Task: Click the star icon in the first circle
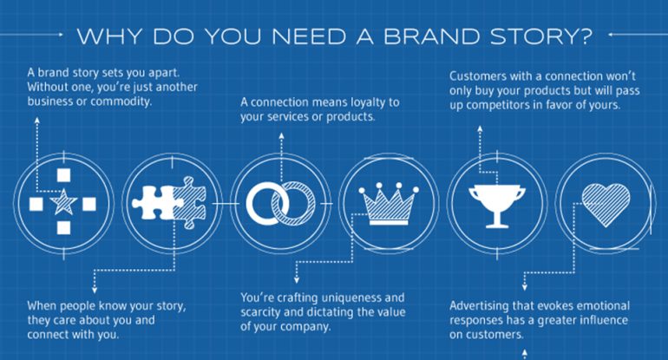point(62,204)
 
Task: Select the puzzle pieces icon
point(169,204)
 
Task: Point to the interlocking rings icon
point(277,204)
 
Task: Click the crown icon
point(384,204)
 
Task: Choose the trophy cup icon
point(492,204)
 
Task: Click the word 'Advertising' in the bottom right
point(482,305)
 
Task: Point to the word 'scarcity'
point(265,311)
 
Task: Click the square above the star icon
point(62,177)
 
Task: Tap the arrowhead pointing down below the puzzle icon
point(93,285)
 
